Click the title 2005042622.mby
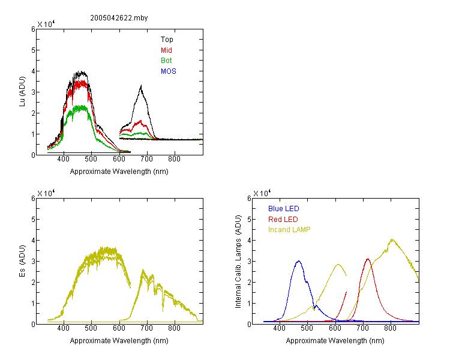119,18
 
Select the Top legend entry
167,40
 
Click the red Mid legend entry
166,50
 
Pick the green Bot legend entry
166,61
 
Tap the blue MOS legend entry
169,71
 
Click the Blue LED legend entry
284,209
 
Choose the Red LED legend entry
283,220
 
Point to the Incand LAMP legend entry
289,230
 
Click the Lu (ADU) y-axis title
22,92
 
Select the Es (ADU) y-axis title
22,261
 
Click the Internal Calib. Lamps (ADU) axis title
238,262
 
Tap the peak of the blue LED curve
299,261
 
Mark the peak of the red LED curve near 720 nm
368,259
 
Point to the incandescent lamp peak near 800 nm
392,239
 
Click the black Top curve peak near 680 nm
141,85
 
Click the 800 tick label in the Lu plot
174,159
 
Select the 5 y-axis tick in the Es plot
33,220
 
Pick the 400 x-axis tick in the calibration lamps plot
280,328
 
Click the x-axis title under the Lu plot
119,172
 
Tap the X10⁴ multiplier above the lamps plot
262,193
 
